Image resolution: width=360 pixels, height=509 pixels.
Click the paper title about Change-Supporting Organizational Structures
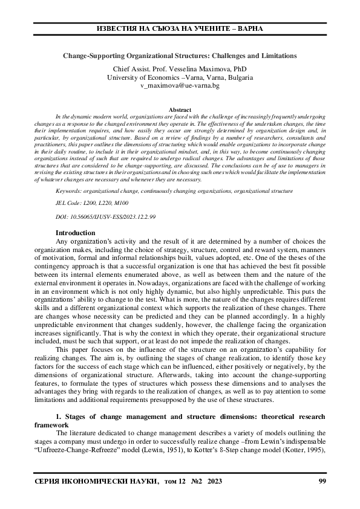180,56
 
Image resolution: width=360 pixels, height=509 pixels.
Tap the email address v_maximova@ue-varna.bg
180,86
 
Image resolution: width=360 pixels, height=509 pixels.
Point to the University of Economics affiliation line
180,78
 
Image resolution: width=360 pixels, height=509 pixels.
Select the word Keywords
68,190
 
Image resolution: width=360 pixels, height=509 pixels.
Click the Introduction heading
75,233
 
